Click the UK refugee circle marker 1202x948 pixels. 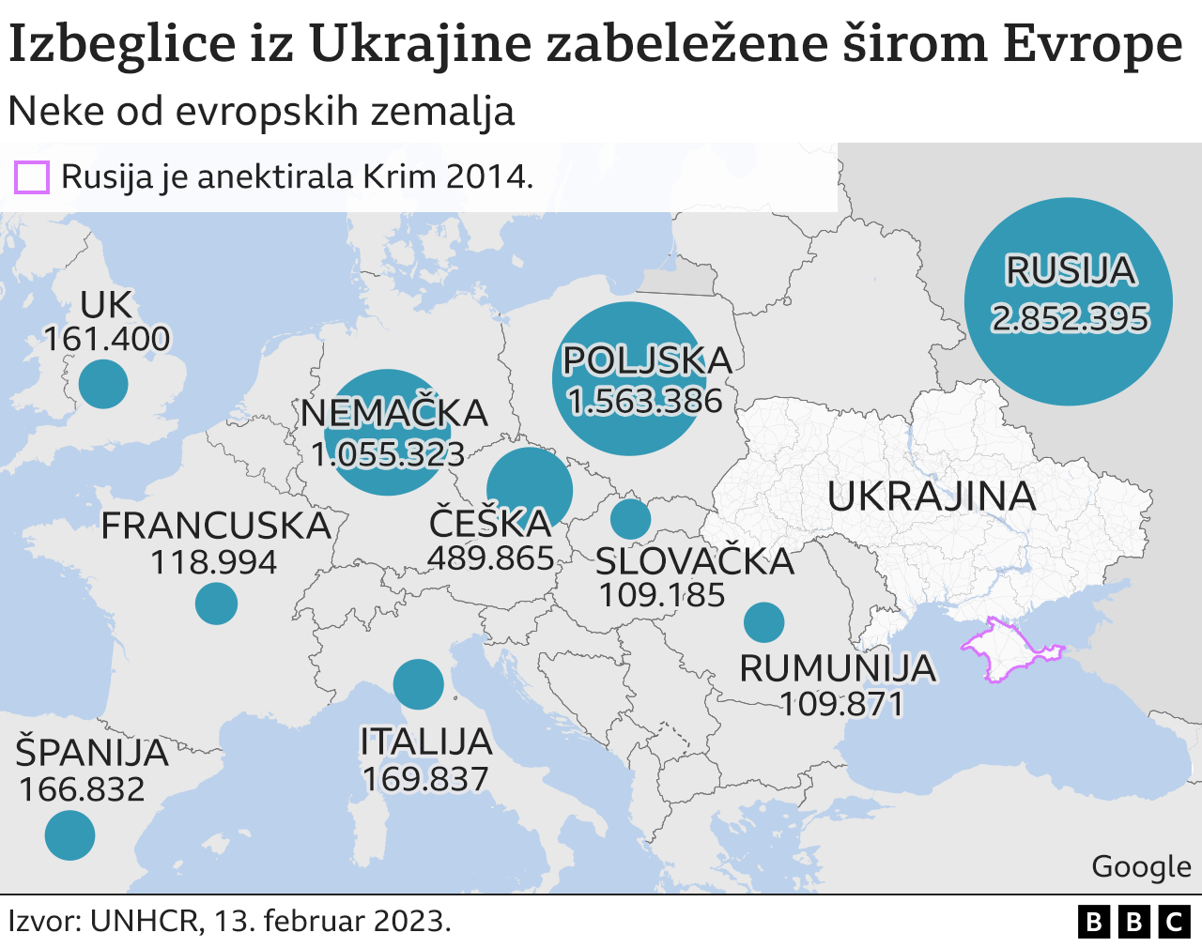point(103,384)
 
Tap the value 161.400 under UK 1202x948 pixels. point(107,339)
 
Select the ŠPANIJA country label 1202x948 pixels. point(92,753)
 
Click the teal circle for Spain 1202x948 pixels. point(70,834)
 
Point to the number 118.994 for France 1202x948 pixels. point(214,562)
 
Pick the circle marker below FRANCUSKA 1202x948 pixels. point(216,604)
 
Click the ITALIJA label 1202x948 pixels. point(426,742)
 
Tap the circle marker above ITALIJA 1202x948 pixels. point(418,683)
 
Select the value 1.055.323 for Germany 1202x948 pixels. point(388,454)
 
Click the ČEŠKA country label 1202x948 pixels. point(490,523)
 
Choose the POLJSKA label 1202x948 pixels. point(646,360)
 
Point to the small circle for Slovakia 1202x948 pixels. point(630,518)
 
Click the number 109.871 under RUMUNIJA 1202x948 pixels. point(841,704)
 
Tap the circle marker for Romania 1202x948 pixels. point(763,621)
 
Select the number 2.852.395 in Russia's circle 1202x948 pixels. point(1070,319)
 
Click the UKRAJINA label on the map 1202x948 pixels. point(932,497)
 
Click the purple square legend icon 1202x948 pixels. point(32,176)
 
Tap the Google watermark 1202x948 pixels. point(1141,866)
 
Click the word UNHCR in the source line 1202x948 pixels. point(146,921)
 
